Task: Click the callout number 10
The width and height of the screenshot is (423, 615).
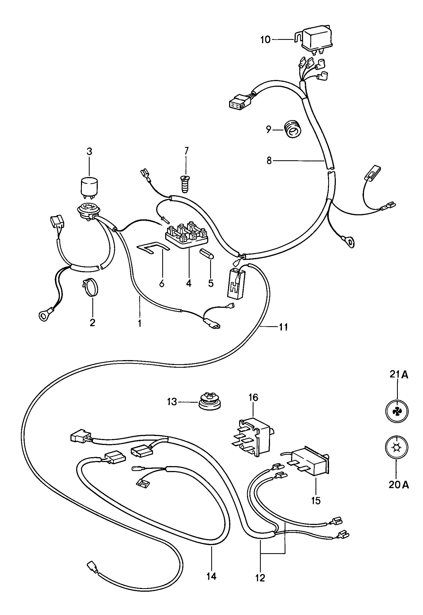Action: (265, 40)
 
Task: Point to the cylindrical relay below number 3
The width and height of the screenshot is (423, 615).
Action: (89, 187)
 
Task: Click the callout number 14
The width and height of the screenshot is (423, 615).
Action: (211, 576)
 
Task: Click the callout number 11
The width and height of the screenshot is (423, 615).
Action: (283, 327)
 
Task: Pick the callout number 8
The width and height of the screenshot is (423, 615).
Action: (269, 161)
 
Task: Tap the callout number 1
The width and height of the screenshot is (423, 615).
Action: (140, 323)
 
